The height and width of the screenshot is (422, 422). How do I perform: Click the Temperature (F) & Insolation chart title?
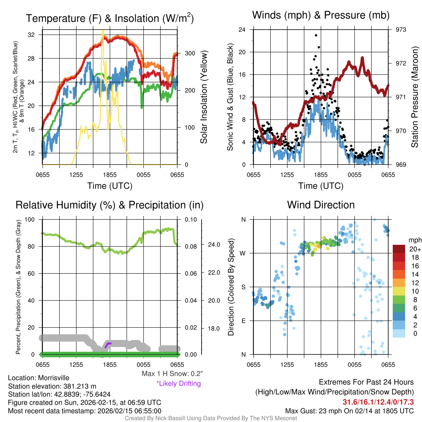pyautogui.click(x=110, y=19)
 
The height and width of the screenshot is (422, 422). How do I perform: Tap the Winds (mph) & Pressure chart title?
pyautogui.click(x=321, y=16)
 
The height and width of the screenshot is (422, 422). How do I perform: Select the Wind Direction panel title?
pyautogui.click(x=321, y=205)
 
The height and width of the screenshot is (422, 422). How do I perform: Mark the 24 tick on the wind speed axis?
pyautogui.click(x=242, y=30)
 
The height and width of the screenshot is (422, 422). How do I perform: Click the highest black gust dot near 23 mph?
pyautogui.click(x=316, y=35)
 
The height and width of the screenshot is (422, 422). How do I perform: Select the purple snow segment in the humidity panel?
pyautogui.click(x=108, y=344)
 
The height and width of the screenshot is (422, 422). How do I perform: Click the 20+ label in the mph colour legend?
pyautogui.click(x=414, y=249)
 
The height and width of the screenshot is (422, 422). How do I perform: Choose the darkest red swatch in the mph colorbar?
pyautogui.click(x=399, y=249)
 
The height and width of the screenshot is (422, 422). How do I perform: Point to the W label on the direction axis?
pyautogui.click(x=243, y=253)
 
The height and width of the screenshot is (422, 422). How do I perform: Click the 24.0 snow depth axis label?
pyautogui.click(x=211, y=244)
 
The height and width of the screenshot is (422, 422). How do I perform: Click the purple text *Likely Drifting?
pyautogui.click(x=178, y=383)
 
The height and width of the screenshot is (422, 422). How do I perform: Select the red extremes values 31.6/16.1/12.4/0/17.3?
pyautogui.click(x=378, y=402)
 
